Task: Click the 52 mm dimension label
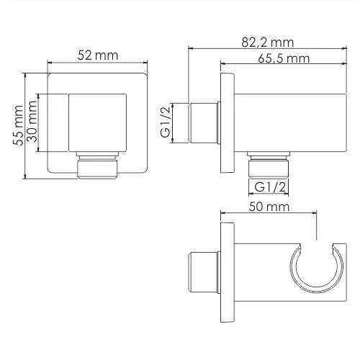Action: (98, 55)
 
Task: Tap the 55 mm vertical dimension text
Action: (18, 125)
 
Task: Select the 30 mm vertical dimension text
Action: (32, 121)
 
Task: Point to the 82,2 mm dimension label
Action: (268, 42)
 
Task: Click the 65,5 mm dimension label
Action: (284, 58)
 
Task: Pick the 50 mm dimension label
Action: (269, 207)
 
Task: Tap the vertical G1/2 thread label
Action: (166, 122)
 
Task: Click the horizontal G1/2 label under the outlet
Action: (271, 186)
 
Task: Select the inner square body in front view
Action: (97, 123)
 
